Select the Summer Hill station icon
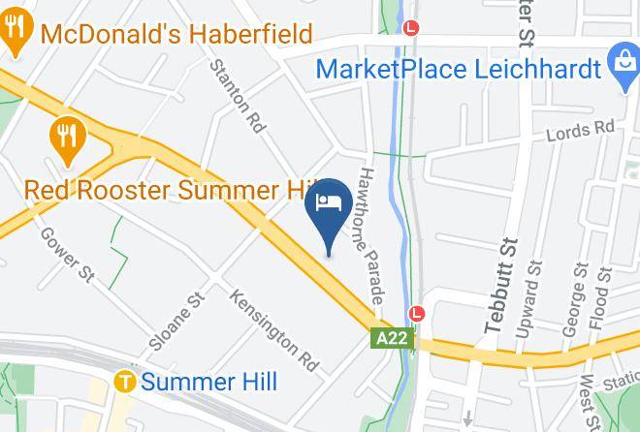click(x=124, y=382)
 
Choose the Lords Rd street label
click(x=580, y=128)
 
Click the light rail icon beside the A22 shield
click(x=417, y=314)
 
